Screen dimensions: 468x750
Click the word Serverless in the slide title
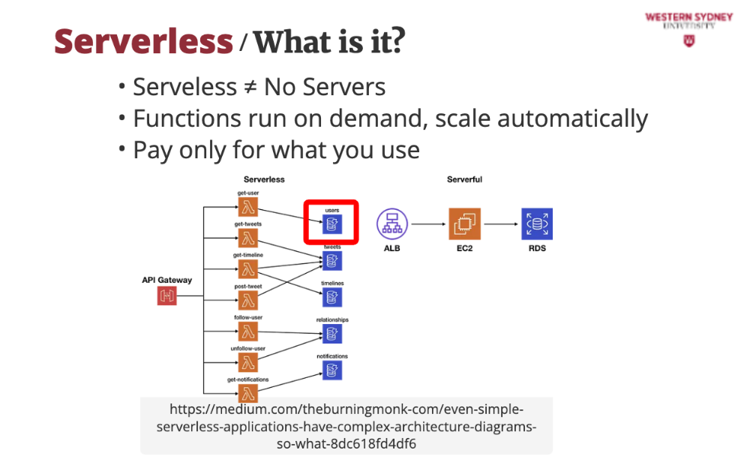click(143, 40)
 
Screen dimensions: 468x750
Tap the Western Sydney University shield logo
click(688, 40)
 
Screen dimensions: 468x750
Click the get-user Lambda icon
click(248, 206)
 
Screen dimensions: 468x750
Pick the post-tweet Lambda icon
click(248, 300)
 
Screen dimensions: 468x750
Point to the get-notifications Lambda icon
click(248, 392)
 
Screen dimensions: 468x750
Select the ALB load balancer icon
click(391, 223)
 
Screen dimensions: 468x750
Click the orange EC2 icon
click(464, 223)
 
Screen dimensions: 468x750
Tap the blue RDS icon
click(537, 223)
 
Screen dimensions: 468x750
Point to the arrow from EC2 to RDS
click(500, 223)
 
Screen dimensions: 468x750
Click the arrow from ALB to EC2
click(427, 223)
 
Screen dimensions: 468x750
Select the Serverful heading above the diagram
click(464, 180)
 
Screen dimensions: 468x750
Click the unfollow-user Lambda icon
click(248, 362)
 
